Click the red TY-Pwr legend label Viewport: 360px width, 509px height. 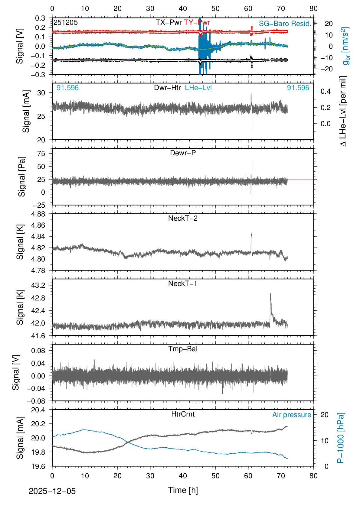[x=197, y=22]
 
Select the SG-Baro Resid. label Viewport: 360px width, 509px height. [x=285, y=24]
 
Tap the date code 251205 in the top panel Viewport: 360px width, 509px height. [x=66, y=22]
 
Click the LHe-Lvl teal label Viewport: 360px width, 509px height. [x=198, y=88]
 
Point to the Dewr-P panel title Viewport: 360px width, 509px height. [x=183, y=153]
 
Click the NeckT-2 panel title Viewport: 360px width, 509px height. [x=183, y=218]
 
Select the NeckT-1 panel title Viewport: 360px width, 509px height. [x=183, y=284]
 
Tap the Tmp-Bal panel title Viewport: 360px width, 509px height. [x=183, y=349]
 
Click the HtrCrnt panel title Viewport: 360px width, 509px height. [x=183, y=414]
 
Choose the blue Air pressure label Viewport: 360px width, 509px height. [x=292, y=415]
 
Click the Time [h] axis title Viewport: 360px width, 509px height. [x=183, y=490]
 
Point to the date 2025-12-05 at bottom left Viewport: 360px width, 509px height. [x=52, y=491]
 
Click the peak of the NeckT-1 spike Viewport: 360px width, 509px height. [x=270, y=293]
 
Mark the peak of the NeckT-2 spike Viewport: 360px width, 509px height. [x=251, y=233]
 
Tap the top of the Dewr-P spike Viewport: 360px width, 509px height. [x=252, y=160]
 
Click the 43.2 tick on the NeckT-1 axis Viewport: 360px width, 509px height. [x=38, y=285]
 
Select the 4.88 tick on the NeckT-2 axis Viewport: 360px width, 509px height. [x=38, y=214]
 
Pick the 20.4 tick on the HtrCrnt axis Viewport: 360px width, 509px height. [x=38, y=410]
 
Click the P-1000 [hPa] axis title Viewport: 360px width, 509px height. [x=341, y=438]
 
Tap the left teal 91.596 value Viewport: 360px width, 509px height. [x=67, y=88]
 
